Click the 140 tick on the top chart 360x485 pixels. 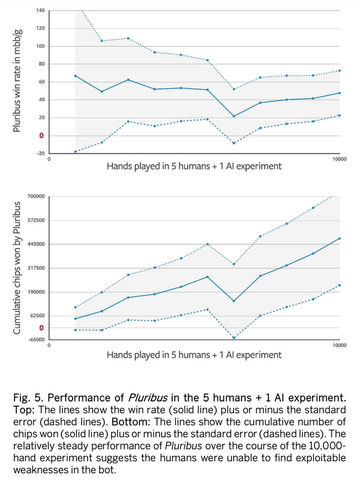[x=40, y=10]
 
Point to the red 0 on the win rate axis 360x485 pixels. [x=41, y=135]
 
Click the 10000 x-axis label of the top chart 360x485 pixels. [x=339, y=159]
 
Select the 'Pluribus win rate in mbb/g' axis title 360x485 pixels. [x=17, y=80]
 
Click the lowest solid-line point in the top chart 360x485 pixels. [x=234, y=116]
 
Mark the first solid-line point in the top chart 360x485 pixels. [x=75, y=76]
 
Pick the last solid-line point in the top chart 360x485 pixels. [x=339, y=93]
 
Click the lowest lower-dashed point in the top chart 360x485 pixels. [x=75, y=152]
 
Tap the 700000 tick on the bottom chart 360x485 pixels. [x=36, y=196]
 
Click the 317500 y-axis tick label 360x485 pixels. [x=36, y=268]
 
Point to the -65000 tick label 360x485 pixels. [x=36, y=340]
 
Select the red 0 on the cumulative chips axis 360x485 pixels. [x=41, y=328]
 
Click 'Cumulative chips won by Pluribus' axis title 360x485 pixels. [x=17, y=268]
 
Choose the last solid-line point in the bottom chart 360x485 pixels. [x=339, y=238]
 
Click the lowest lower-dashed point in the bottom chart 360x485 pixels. [x=234, y=338]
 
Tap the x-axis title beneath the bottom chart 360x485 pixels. [x=194, y=355]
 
